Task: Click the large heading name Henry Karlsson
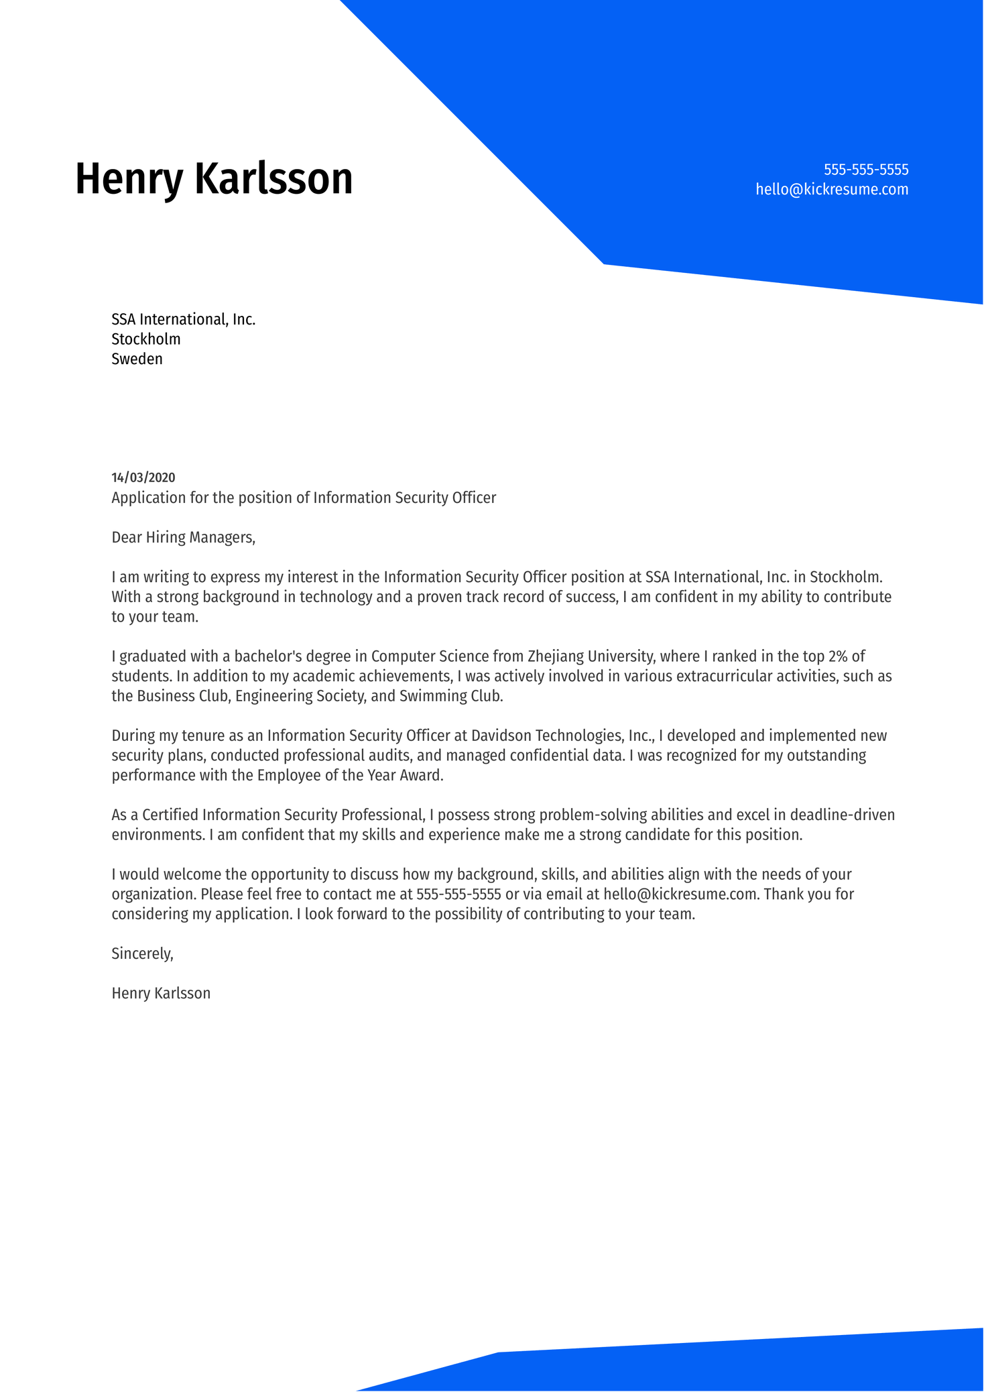coord(213,179)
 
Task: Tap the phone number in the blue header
coord(865,169)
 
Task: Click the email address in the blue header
coord(831,189)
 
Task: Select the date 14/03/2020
coord(143,477)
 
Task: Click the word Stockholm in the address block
coord(145,339)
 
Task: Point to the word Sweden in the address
coord(137,359)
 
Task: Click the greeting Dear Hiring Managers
coord(183,537)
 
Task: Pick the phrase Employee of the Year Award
coord(350,776)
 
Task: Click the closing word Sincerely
coord(142,953)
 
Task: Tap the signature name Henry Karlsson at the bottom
coord(161,994)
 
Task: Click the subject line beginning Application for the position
coord(304,498)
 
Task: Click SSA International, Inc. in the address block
coord(183,319)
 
